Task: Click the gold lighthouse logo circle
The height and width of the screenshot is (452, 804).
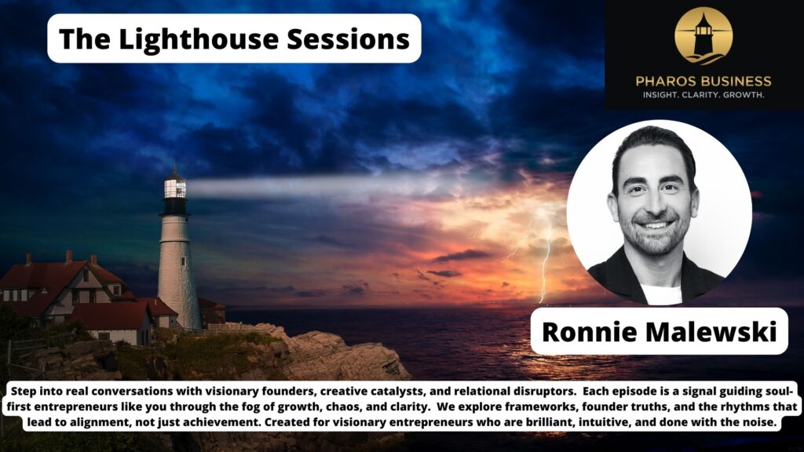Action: click(703, 35)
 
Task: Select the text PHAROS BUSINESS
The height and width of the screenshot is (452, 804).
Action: click(703, 81)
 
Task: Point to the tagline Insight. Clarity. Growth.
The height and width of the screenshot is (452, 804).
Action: click(703, 95)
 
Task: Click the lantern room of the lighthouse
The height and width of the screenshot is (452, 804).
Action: click(175, 188)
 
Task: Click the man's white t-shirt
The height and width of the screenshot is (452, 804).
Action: click(659, 295)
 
